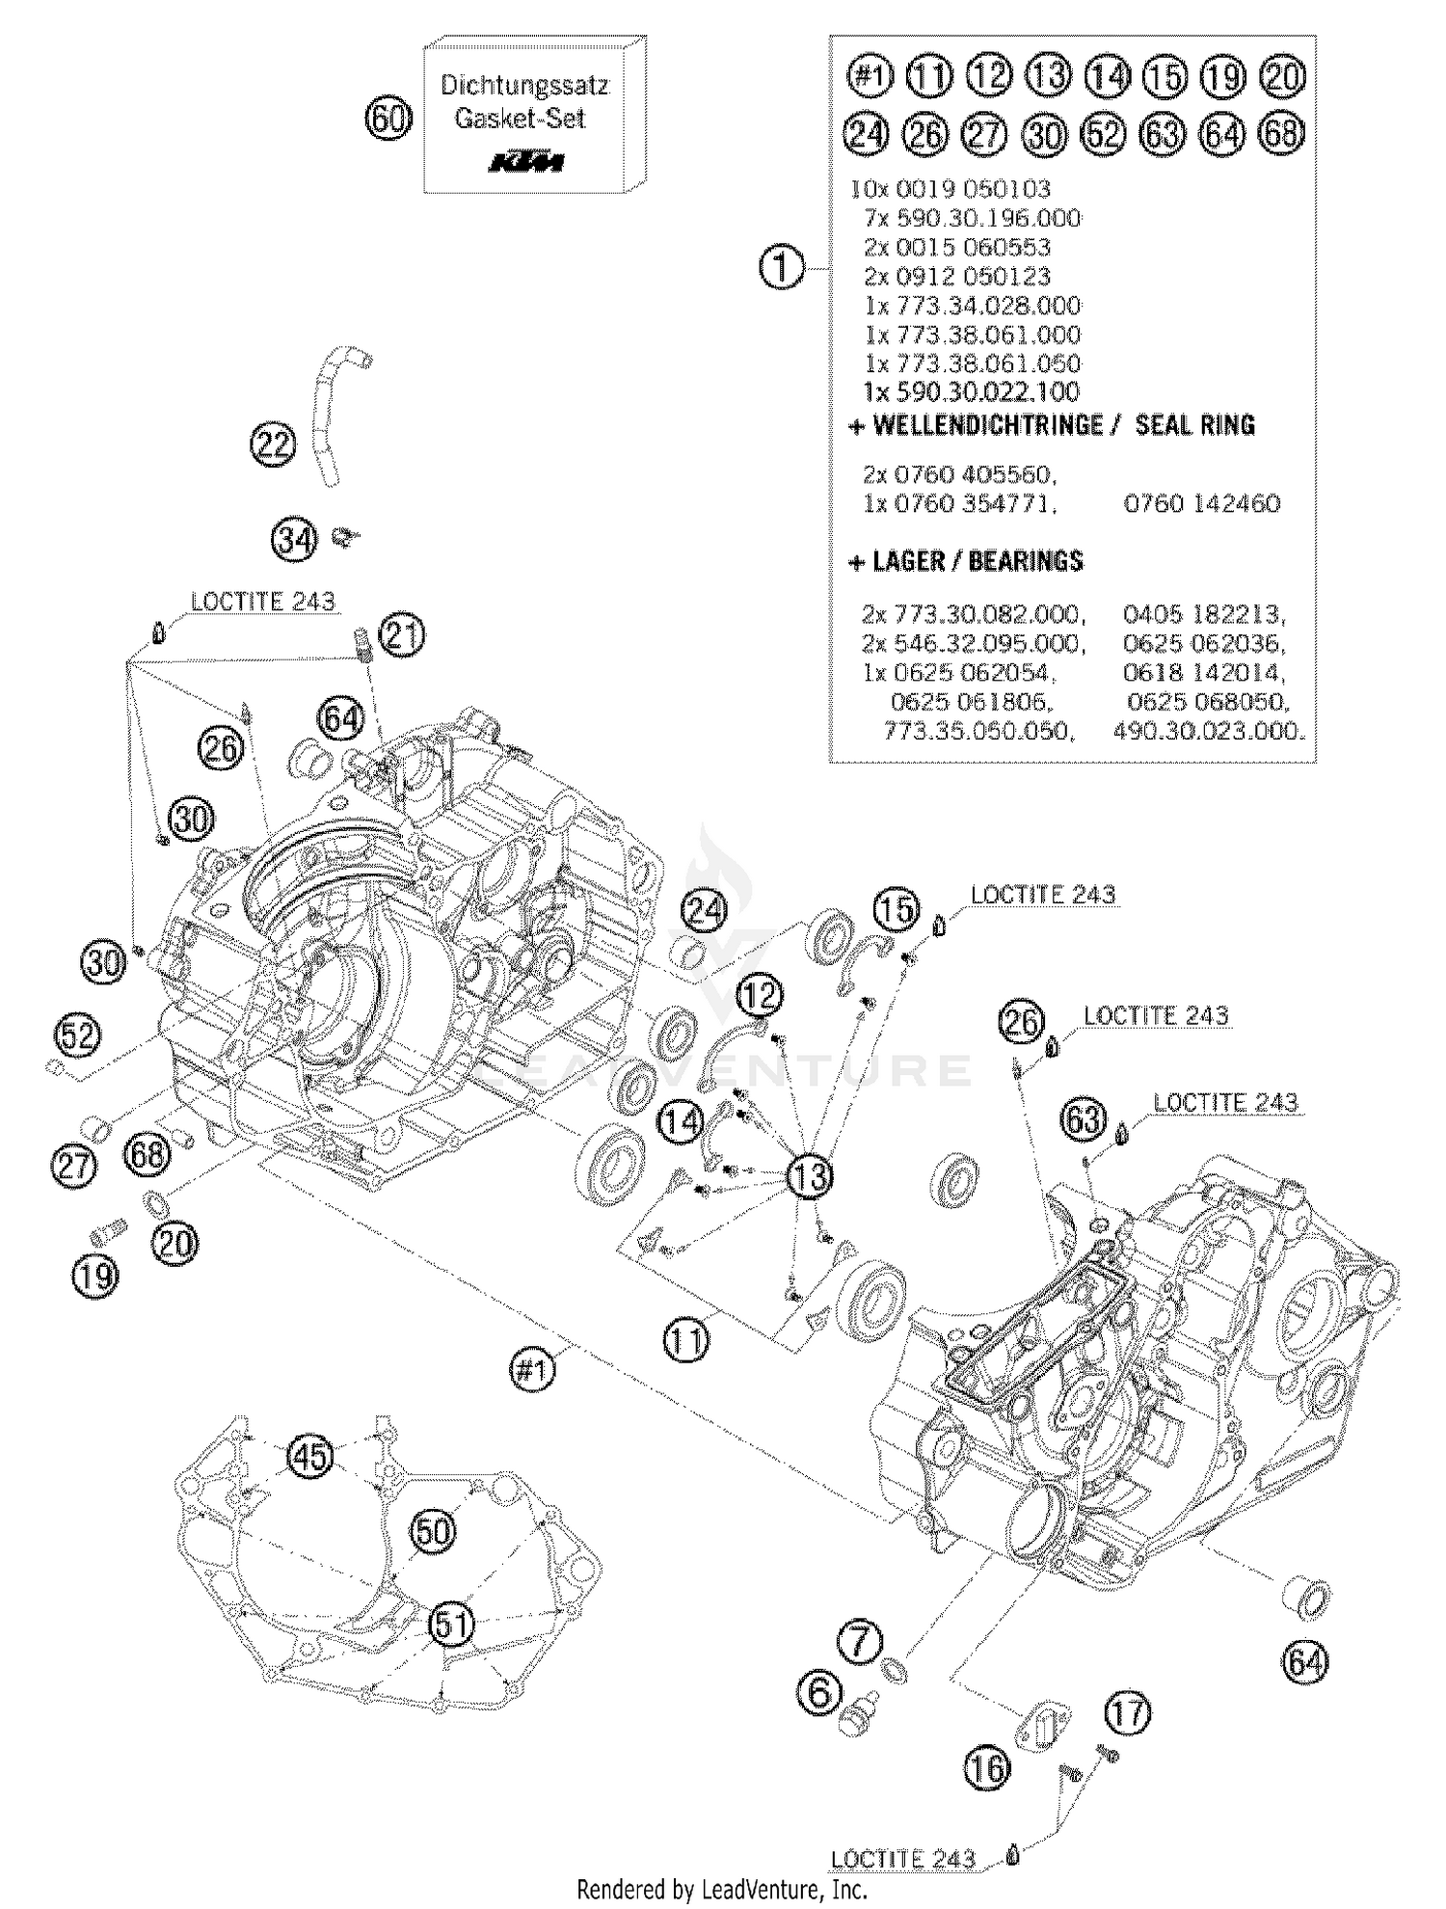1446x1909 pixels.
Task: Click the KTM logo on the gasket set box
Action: click(525, 160)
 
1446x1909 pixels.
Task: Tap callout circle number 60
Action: click(388, 120)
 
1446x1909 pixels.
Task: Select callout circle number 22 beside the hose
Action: click(273, 444)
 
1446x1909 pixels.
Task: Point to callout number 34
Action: click(294, 540)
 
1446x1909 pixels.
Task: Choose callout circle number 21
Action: click(402, 635)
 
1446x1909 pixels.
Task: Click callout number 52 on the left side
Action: click(78, 1035)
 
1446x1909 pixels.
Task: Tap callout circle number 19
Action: click(94, 1277)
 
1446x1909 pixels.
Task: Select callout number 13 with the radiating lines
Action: click(811, 1176)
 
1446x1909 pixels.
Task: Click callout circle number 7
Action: click(861, 1640)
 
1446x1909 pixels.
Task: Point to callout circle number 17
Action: click(1128, 1713)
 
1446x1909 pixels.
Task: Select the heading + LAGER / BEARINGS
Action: click(966, 561)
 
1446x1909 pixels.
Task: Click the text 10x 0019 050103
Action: click(951, 189)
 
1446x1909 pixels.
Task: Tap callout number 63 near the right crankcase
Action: click(1084, 1120)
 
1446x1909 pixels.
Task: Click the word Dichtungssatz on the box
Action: click(524, 85)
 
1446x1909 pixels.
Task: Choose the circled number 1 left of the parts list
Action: click(781, 267)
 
